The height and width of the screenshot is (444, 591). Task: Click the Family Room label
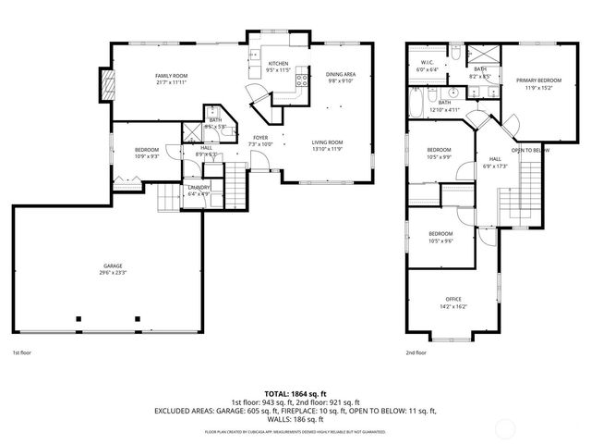171,75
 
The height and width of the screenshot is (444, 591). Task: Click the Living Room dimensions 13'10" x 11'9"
327,149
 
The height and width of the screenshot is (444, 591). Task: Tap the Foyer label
261,138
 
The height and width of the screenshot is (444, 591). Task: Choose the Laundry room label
199,187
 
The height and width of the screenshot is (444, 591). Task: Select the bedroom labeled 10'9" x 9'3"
147,156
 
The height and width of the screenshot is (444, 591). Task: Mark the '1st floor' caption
23,352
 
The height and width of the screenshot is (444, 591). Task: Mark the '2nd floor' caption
416,352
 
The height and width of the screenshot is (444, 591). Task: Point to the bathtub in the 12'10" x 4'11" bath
416,100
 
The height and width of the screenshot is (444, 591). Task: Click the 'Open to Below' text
530,150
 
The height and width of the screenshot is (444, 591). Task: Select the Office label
453,300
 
